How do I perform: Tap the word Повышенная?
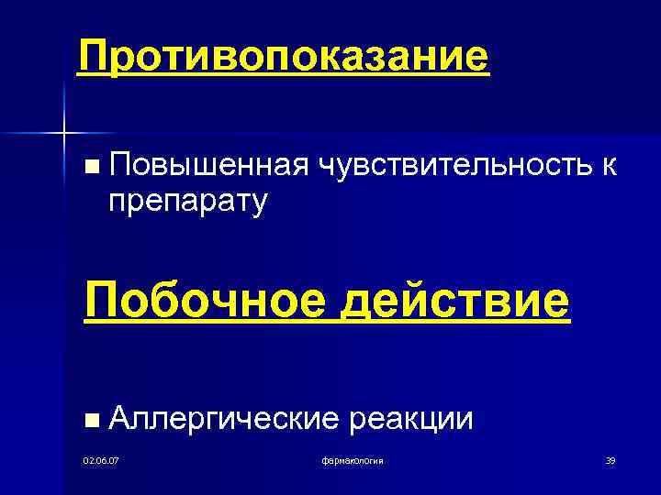(x=207, y=167)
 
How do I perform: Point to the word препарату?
(x=187, y=200)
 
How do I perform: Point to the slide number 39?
(x=609, y=459)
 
